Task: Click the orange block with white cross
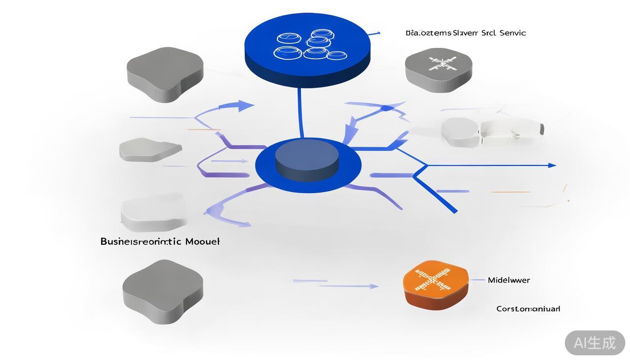(435, 284)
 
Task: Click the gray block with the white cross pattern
(438, 69)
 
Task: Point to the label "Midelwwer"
(509, 280)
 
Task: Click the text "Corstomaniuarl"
(528, 309)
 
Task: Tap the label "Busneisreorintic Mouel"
(160, 242)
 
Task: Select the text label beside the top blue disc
(465, 33)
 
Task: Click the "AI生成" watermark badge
(594, 343)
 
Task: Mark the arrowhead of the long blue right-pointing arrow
(552, 165)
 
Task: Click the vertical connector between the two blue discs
(300, 112)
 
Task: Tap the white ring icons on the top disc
(309, 46)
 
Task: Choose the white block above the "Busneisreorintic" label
(152, 213)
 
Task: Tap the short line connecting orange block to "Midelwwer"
(477, 280)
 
